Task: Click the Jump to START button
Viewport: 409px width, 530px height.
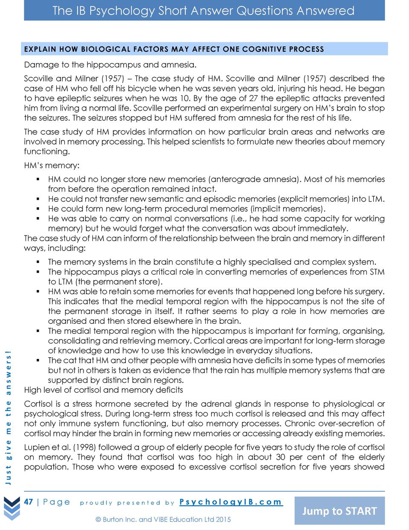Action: pyautogui.click(x=339, y=511)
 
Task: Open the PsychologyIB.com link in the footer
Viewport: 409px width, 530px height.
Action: pyautogui.click(x=230, y=502)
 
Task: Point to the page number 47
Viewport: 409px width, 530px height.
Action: pyautogui.click(x=29, y=502)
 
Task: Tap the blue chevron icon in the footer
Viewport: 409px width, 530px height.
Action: pyautogui.click(x=12, y=508)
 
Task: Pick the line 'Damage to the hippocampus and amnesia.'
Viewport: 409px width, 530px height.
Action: pyautogui.click(x=110, y=65)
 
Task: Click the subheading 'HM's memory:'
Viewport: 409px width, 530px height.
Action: pyautogui.click(x=52, y=165)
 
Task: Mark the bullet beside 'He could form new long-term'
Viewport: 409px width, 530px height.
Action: pyautogui.click(x=38, y=209)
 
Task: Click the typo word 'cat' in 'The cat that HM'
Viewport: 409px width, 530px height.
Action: pyautogui.click(x=70, y=361)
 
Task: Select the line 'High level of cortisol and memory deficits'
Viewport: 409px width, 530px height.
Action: pyautogui.click(x=104, y=390)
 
